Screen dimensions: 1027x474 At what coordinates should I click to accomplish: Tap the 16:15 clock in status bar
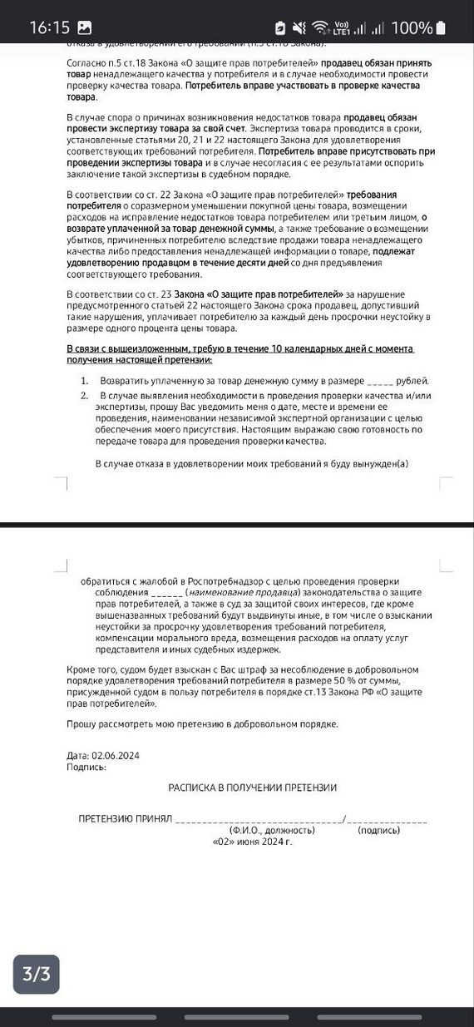tap(49, 27)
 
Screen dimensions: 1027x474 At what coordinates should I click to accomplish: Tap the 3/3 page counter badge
tap(36, 974)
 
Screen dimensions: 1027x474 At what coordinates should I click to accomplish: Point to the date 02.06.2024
tap(116, 756)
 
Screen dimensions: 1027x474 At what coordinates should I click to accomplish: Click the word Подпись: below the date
tap(86, 767)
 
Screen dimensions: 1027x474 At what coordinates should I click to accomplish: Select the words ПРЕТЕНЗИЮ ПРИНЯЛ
tap(125, 819)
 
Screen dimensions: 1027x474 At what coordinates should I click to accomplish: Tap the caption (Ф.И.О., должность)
tap(272, 830)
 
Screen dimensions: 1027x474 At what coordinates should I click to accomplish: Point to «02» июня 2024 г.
tap(253, 842)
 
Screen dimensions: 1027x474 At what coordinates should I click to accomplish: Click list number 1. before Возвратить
tap(85, 380)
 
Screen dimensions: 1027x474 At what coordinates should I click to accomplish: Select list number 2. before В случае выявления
tap(85, 395)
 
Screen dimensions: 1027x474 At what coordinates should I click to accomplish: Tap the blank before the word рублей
tap(380, 381)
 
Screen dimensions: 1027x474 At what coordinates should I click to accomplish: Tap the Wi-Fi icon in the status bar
tap(321, 27)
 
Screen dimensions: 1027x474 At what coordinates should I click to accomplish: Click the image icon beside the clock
tap(85, 27)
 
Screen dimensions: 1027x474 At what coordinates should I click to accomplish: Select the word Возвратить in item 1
tap(129, 380)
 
